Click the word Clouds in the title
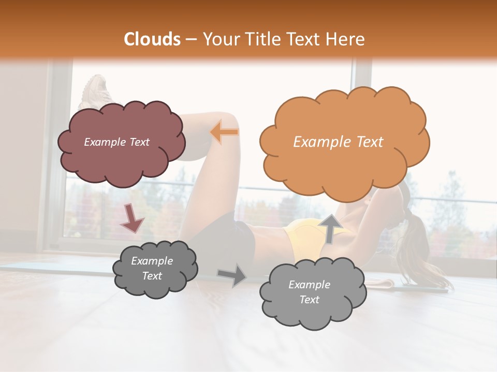tap(152, 39)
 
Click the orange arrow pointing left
tap(225, 132)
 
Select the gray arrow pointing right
tap(232, 275)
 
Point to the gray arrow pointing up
tap(329, 228)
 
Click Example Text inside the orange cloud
tap(338, 142)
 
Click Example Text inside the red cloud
tap(116, 142)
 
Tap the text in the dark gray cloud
tap(152, 268)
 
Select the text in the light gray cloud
tap(309, 292)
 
